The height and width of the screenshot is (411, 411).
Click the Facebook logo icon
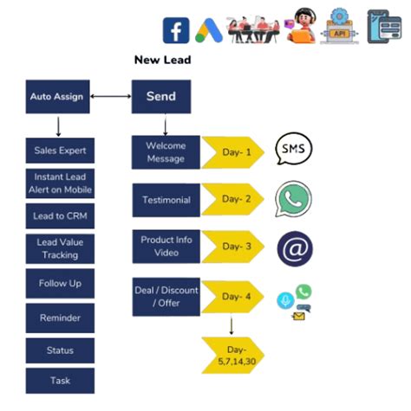176,30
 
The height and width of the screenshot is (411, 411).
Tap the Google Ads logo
208,30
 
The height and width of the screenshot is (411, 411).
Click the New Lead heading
162,60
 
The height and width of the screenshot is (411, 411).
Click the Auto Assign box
57,97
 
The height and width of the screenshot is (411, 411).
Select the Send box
161,97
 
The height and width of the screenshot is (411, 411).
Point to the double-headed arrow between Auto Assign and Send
110,97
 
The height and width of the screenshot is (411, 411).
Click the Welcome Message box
166,152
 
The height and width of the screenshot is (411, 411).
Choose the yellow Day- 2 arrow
232,200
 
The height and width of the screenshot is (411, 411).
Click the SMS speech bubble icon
293,151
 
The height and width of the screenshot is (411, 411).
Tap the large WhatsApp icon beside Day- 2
293,199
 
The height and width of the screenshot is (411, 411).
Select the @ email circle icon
293,249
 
